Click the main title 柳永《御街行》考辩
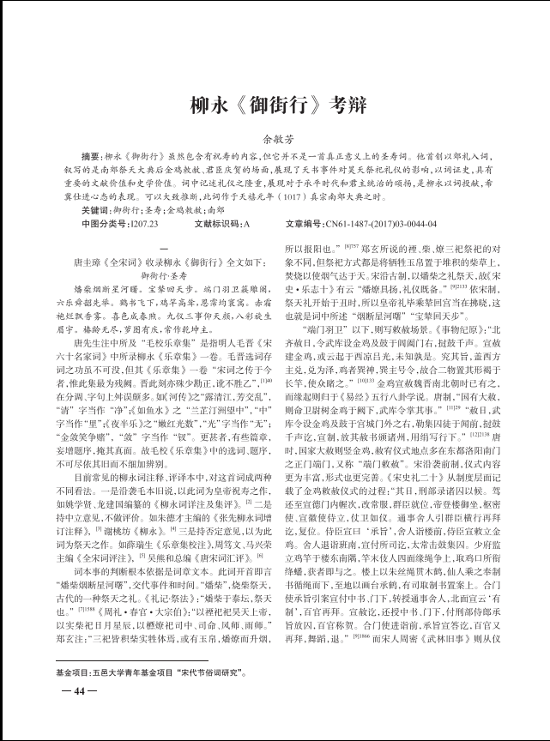click(x=275, y=105)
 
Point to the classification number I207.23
click(x=137, y=223)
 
